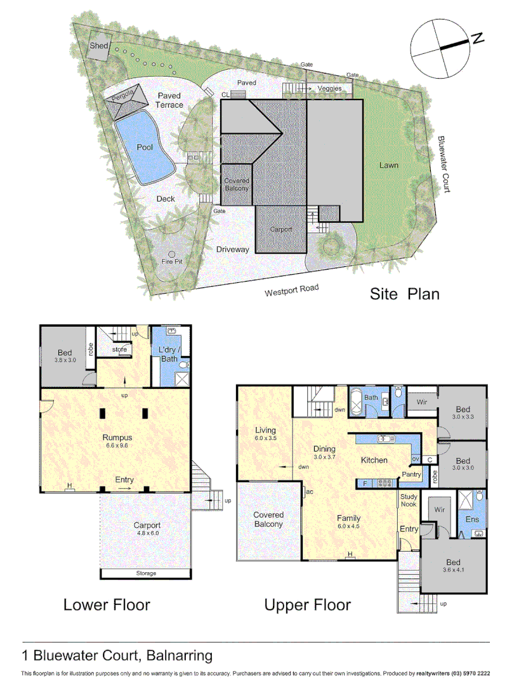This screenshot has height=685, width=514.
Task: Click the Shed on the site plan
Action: (99, 46)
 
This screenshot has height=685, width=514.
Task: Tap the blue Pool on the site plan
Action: (145, 147)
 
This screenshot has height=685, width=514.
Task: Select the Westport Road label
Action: (291, 291)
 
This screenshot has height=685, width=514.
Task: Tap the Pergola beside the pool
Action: (122, 98)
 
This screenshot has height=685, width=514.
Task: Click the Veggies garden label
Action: (329, 89)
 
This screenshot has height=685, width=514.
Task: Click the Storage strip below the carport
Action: (145, 573)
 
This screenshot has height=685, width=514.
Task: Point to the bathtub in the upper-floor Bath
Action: (356, 403)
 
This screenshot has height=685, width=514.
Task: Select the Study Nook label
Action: (409, 500)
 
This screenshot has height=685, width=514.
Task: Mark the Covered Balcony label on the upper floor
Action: (268, 519)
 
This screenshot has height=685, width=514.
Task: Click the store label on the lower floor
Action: (119, 349)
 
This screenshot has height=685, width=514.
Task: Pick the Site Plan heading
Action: (405, 294)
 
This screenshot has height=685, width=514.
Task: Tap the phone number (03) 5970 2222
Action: (469, 673)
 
